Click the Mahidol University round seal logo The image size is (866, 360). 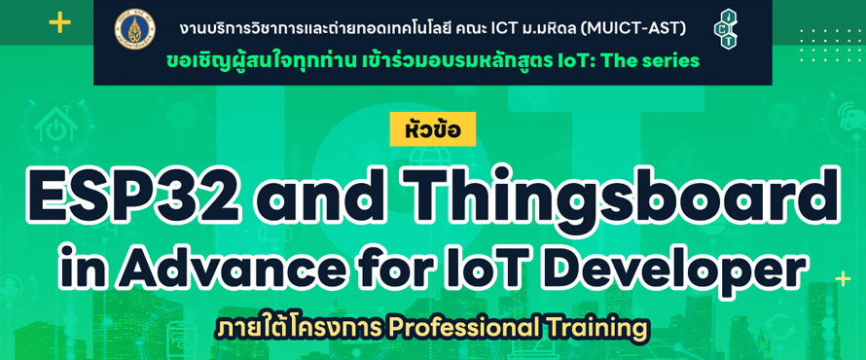[x=134, y=27]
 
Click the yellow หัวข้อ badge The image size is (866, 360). [x=432, y=129]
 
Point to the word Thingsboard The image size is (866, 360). [x=620, y=196]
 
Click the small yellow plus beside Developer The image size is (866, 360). [x=843, y=279]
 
